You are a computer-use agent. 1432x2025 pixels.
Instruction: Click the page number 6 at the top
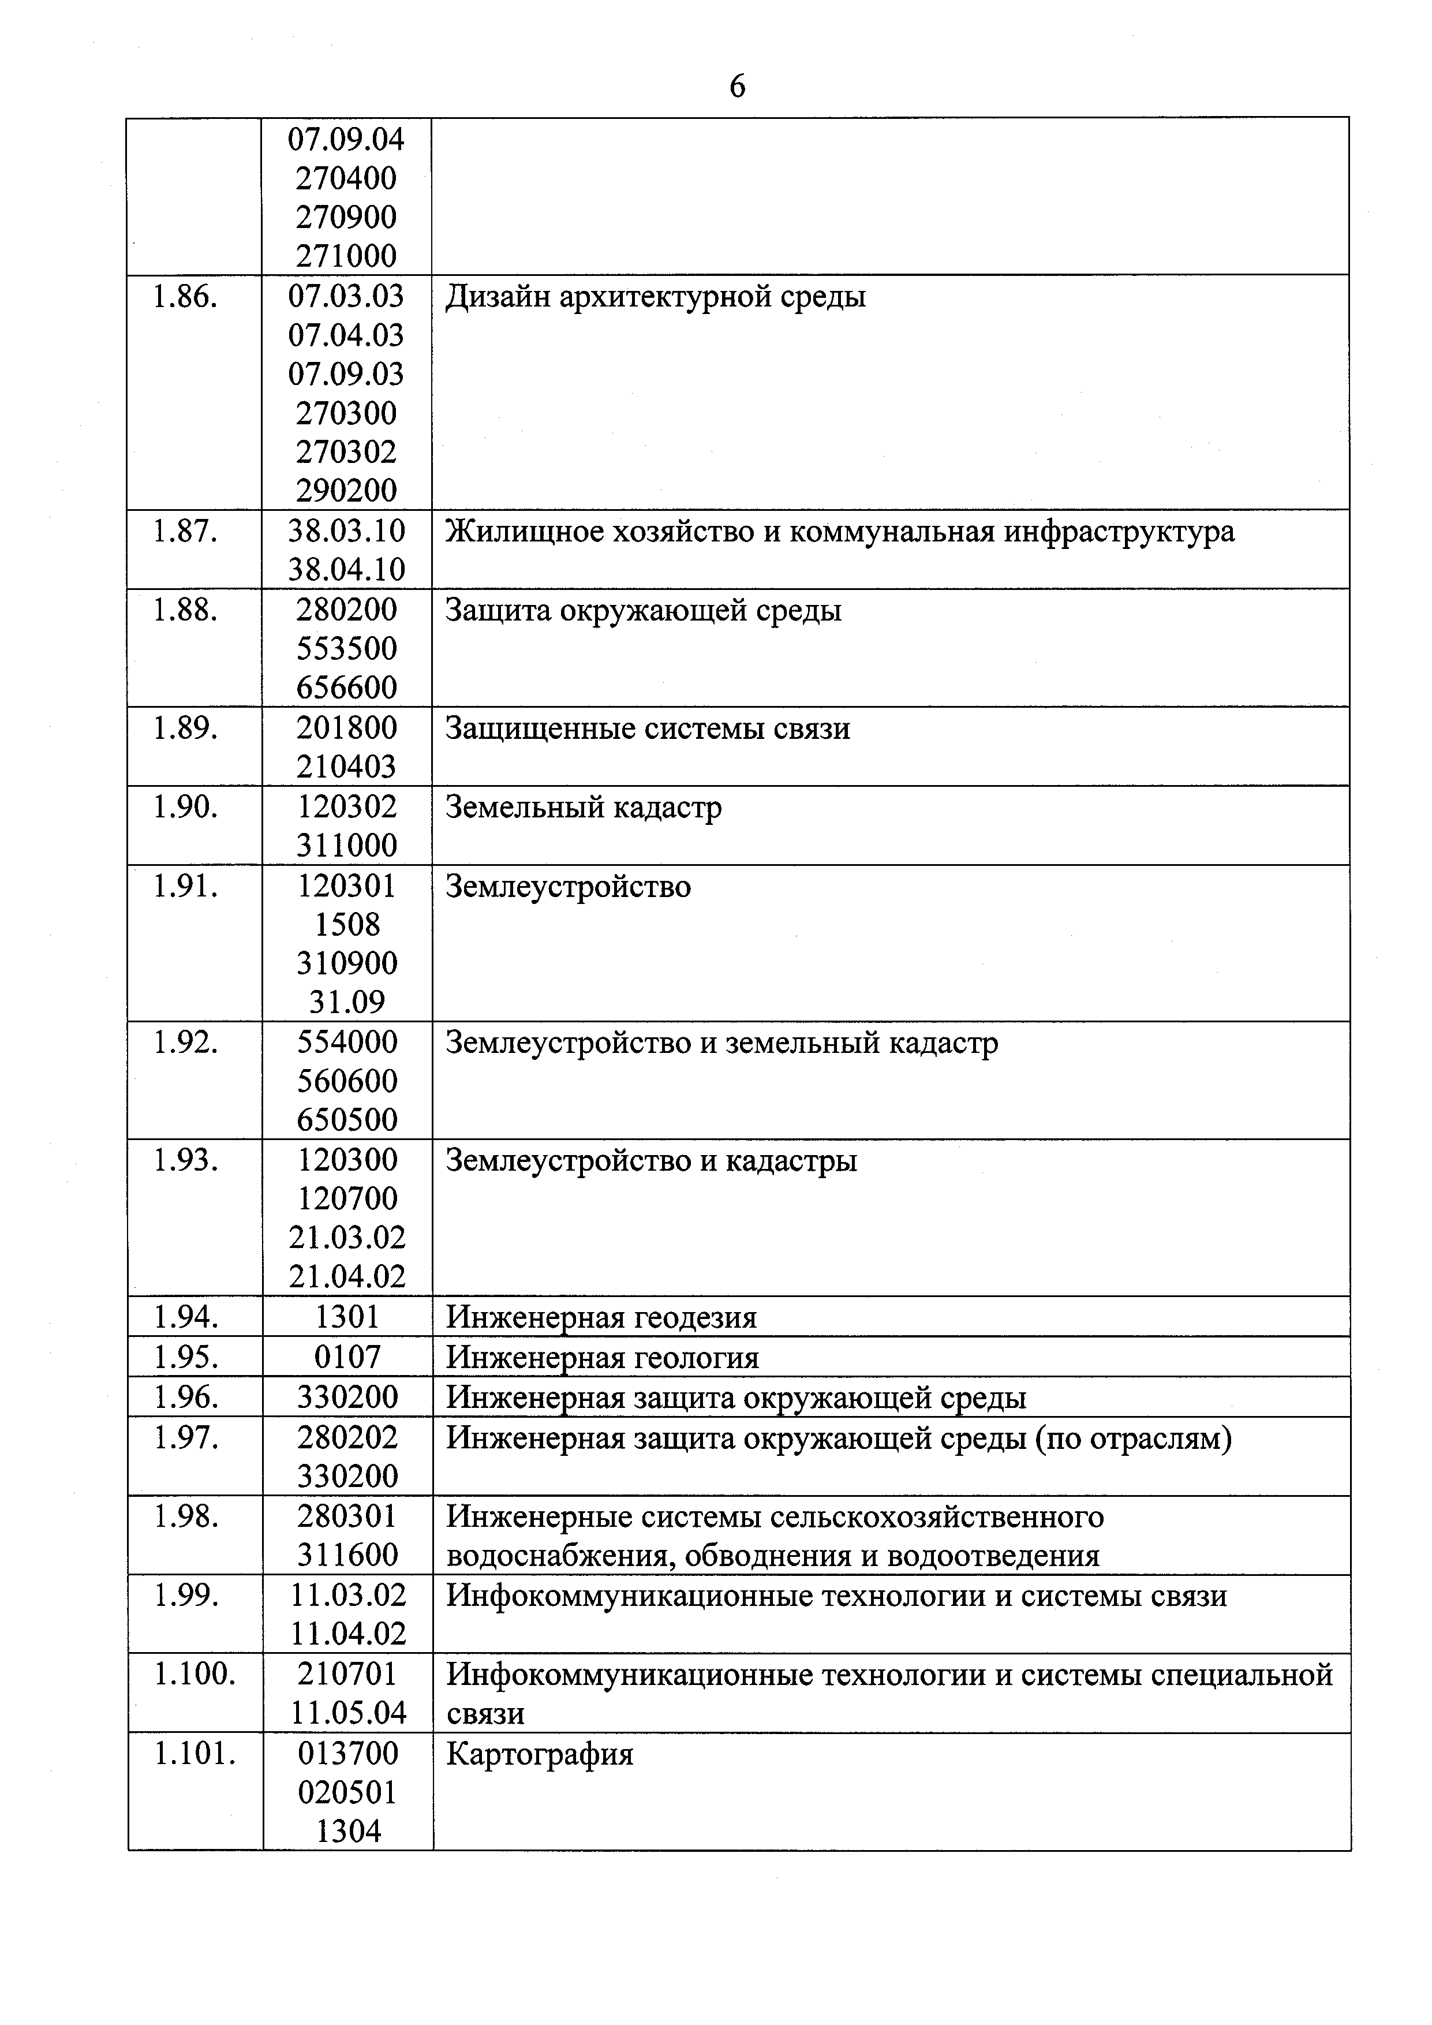737,87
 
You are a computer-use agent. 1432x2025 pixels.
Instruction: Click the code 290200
346,490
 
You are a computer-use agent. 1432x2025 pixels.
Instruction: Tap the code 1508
346,924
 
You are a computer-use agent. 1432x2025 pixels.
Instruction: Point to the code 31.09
346,1002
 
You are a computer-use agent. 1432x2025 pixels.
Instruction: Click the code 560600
346,1081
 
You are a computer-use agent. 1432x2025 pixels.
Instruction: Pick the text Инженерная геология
602,1357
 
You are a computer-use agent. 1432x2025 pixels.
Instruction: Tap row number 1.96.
185,1397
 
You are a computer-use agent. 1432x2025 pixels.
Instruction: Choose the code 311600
346,1555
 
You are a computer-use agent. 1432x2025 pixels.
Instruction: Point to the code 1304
348,1832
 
